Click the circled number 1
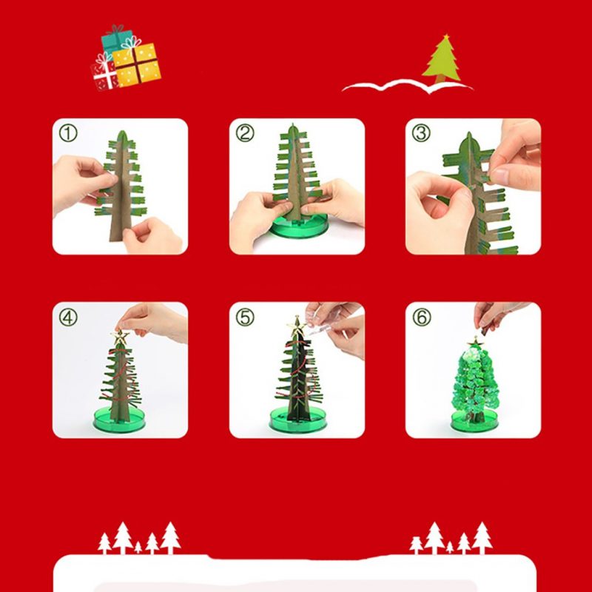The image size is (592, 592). tap(68, 134)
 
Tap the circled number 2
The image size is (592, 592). tap(245, 134)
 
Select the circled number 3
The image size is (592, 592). tap(421, 134)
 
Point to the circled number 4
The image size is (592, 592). tap(68, 317)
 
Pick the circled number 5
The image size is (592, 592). tap(245, 317)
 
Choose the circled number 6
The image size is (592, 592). tap(421, 317)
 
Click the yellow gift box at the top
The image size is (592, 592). tap(138, 64)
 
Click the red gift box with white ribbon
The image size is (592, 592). tap(104, 74)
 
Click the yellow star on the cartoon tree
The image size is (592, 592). tap(445, 36)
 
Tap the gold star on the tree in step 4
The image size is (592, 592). tap(119, 337)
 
